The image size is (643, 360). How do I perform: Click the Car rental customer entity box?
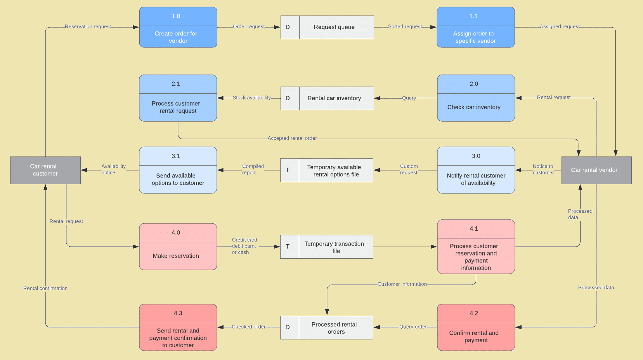pyautogui.click(x=45, y=170)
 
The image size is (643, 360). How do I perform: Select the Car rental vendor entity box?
pyautogui.click(x=596, y=170)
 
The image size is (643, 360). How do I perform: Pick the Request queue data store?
pyautogui.click(x=334, y=27)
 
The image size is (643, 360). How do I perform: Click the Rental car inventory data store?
pyautogui.click(x=334, y=98)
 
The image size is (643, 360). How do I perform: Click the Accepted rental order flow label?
pyautogui.click(x=292, y=138)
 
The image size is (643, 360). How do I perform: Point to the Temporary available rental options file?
pyautogui.click(x=334, y=170)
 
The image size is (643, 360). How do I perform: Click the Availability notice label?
pyautogui.click(x=113, y=169)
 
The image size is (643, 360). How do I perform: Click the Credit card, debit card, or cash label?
pyautogui.click(x=244, y=246)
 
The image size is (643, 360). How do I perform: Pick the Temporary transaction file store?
pyautogui.click(x=334, y=247)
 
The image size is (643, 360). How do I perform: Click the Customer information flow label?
pyautogui.click(x=402, y=284)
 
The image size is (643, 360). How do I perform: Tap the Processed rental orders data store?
pyautogui.click(x=334, y=328)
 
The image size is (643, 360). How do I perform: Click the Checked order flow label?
pyautogui.click(x=248, y=327)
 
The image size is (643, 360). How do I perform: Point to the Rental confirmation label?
pyautogui.click(x=45, y=289)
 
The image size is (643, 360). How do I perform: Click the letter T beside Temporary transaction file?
pyautogui.click(x=288, y=247)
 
